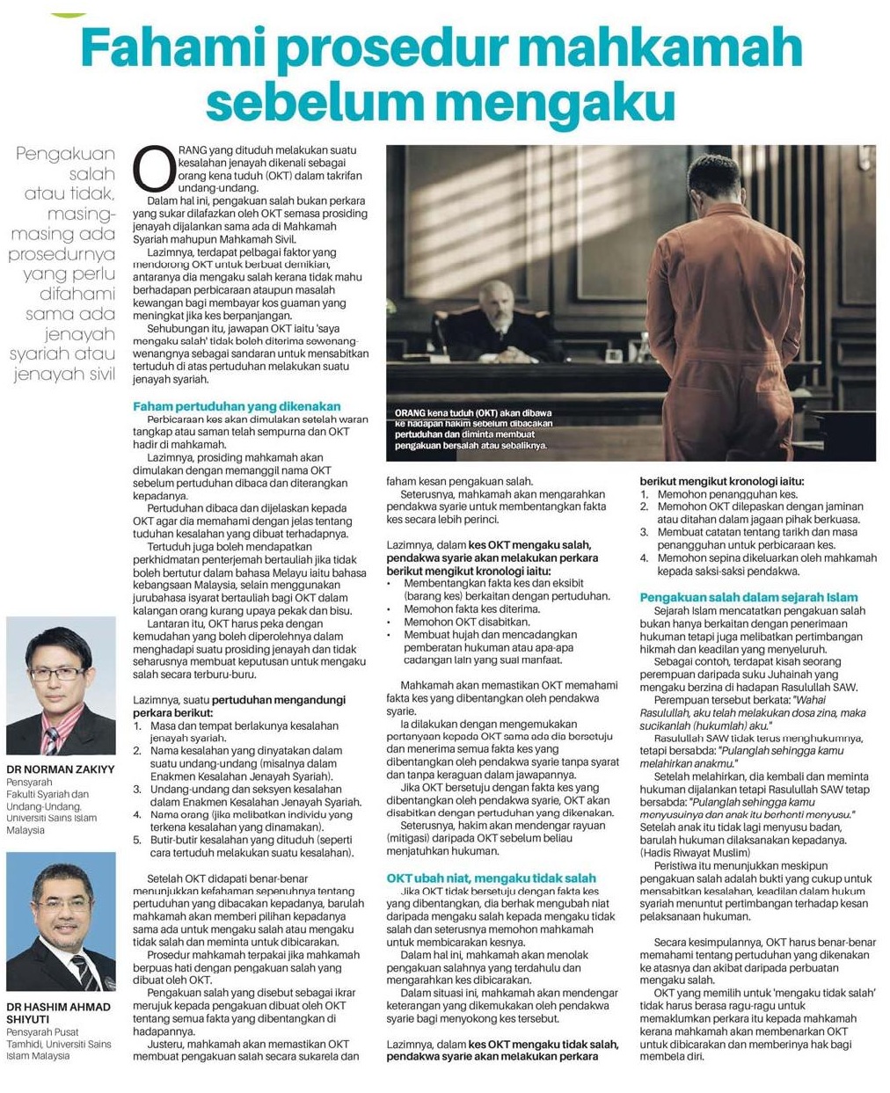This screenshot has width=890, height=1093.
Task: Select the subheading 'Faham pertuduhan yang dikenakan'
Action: pyautogui.click(x=237, y=406)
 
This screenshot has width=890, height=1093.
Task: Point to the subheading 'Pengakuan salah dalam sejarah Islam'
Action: pyautogui.click(x=748, y=597)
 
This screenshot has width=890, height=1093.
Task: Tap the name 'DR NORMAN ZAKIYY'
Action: pyautogui.click(x=60, y=769)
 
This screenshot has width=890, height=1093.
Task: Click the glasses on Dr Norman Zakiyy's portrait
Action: pyautogui.click(x=59, y=674)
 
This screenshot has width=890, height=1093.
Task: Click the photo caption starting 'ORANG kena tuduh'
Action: pyautogui.click(x=471, y=428)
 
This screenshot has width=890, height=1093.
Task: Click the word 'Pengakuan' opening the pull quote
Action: pyautogui.click(x=66, y=155)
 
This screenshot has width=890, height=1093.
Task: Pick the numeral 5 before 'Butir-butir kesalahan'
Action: pyautogui.click(x=137, y=840)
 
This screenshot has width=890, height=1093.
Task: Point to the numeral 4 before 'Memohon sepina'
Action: pyautogui.click(x=644, y=557)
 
